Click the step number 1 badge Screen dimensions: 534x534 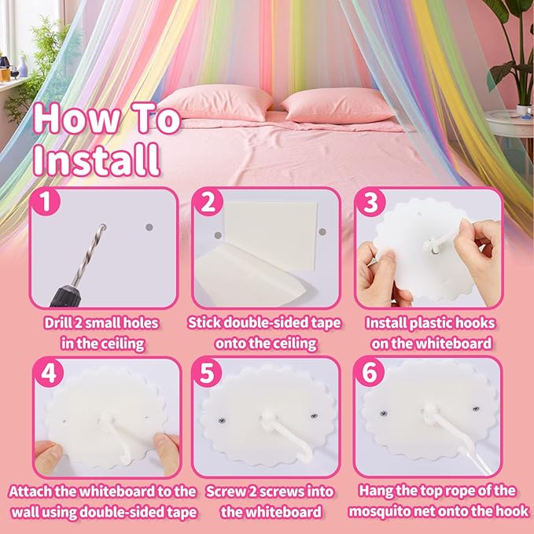pos(50,204)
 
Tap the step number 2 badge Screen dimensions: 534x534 pos(208,204)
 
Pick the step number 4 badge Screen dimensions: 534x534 pos(50,374)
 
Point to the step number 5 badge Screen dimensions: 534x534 pos(208,374)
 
